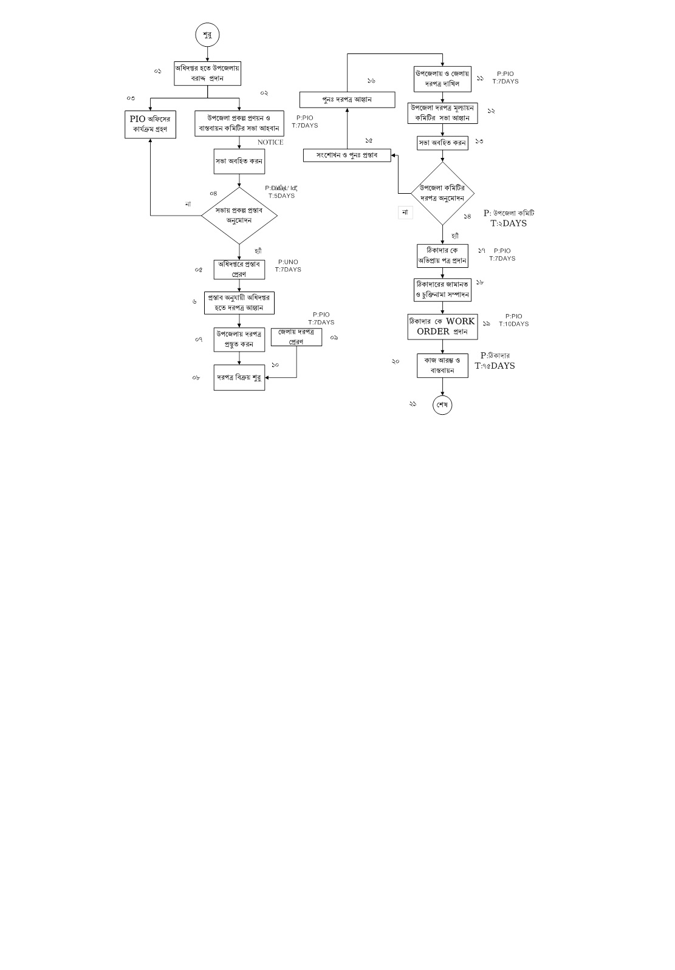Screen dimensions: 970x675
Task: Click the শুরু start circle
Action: point(207,35)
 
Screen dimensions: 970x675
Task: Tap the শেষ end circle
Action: point(442,405)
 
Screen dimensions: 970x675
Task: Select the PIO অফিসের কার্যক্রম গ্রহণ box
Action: point(150,125)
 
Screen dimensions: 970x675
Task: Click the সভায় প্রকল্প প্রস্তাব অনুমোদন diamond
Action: point(239,215)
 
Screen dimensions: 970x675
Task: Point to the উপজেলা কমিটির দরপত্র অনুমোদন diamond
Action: point(442,193)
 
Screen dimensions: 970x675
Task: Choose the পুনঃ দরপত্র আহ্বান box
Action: point(347,100)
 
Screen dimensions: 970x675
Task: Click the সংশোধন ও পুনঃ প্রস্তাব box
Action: point(347,155)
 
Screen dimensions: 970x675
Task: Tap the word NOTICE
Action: point(270,142)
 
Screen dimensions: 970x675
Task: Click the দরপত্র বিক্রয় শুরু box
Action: point(239,378)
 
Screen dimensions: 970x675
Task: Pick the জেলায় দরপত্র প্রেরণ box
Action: point(296,336)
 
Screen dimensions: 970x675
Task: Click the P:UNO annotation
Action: point(288,262)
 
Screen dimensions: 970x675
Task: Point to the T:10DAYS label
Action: point(513,324)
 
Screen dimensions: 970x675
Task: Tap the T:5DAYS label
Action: point(281,196)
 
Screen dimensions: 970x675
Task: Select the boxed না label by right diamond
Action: point(405,213)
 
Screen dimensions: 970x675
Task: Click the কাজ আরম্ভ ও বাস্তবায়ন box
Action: point(442,366)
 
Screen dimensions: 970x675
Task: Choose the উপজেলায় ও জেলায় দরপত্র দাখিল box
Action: point(442,78)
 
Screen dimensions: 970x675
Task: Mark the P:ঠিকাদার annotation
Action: point(495,355)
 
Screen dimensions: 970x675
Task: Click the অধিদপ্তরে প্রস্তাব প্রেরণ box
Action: point(239,269)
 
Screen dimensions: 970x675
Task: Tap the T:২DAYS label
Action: point(509,224)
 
